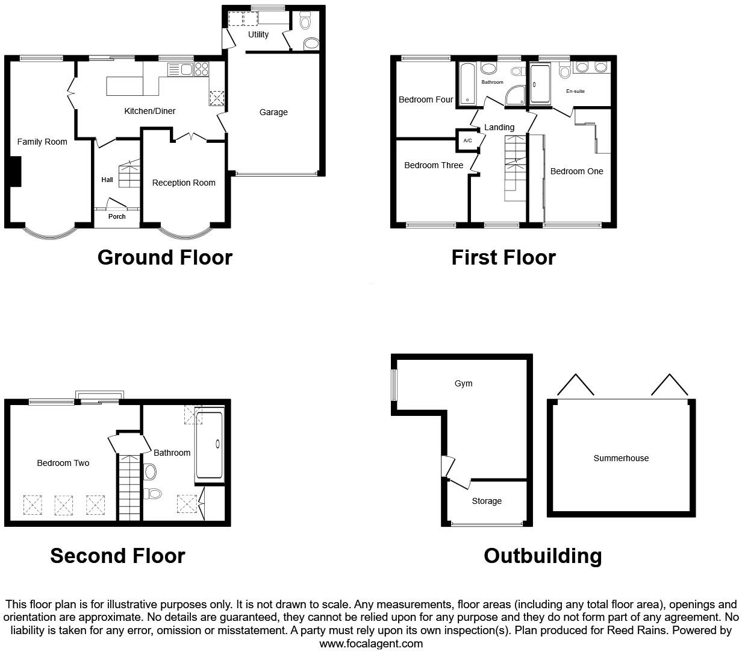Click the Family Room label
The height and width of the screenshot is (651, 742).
[x=42, y=142]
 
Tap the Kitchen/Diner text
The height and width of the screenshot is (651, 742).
[x=150, y=111]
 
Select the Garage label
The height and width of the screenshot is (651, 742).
[x=273, y=112]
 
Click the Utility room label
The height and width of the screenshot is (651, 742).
[x=258, y=34]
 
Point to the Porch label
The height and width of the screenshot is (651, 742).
[x=117, y=216]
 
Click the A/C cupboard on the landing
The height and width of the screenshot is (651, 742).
[x=467, y=140]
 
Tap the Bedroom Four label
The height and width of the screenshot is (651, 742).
[x=426, y=99]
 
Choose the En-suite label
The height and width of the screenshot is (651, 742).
[x=575, y=91]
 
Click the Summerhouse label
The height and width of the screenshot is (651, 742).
[x=621, y=458]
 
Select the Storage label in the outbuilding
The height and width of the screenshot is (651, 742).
[x=487, y=501]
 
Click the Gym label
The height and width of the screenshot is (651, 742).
[x=464, y=383]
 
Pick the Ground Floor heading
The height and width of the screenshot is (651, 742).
[x=164, y=257]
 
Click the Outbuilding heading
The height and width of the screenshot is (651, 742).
[x=542, y=555]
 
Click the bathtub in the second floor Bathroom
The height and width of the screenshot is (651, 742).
[x=209, y=445]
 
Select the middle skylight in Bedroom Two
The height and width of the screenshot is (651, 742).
[x=64, y=505]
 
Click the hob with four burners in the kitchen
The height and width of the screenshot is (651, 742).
[x=201, y=69]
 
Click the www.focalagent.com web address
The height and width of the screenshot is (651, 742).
[x=370, y=643]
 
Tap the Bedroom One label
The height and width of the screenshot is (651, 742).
[x=576, y=171]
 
